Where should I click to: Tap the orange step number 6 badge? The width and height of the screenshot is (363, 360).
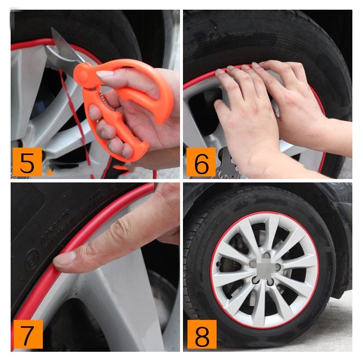pyautogui.click(x=200, y=163)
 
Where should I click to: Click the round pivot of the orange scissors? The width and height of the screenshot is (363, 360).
pyautogui.click(x=82, y=72)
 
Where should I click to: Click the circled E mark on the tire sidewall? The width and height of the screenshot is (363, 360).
pyautogui.click(x=32, y=255)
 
